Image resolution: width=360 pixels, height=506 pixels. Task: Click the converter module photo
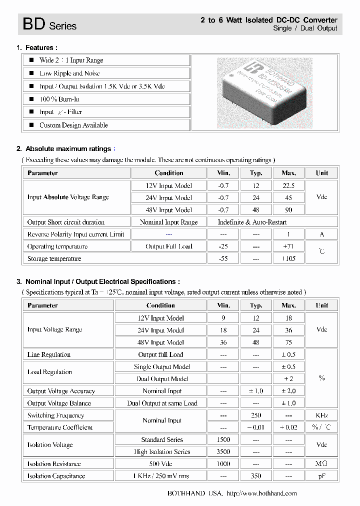[x=265, y=93]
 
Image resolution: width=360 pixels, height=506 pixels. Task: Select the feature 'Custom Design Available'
[x=73, y=125]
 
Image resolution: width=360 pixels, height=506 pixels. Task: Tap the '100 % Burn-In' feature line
[x=59, y=99]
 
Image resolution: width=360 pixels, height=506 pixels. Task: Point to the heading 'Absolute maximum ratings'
[x=68, y=148]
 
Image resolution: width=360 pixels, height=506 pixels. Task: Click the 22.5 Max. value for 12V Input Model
[x=288, y=185]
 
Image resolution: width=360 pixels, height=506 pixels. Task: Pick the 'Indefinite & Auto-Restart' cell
[x=252, y=222]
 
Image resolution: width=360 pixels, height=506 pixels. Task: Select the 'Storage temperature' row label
[x=54, y=258]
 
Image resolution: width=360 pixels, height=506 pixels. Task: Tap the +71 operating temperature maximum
[x=288, y=246]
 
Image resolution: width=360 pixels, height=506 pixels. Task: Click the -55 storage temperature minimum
[x=223, y=258]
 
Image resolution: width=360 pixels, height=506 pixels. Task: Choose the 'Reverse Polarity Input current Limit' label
[x=75, y=234]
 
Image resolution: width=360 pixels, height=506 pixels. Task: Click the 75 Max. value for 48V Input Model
[x=288, y=342]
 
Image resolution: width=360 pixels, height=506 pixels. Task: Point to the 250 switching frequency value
[x=256, y=415]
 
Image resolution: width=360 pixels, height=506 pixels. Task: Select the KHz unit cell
[x=321, y=415]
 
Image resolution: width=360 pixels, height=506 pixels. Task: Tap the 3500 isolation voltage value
[x=223, y=451]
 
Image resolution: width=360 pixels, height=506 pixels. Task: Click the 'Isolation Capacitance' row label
[x=56, y=476]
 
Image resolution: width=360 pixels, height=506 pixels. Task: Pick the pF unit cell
[x=321, y=476]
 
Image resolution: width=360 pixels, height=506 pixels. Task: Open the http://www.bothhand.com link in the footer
[x=261, y=493]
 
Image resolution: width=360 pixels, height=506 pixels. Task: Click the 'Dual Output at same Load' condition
[x=162, y=403]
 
